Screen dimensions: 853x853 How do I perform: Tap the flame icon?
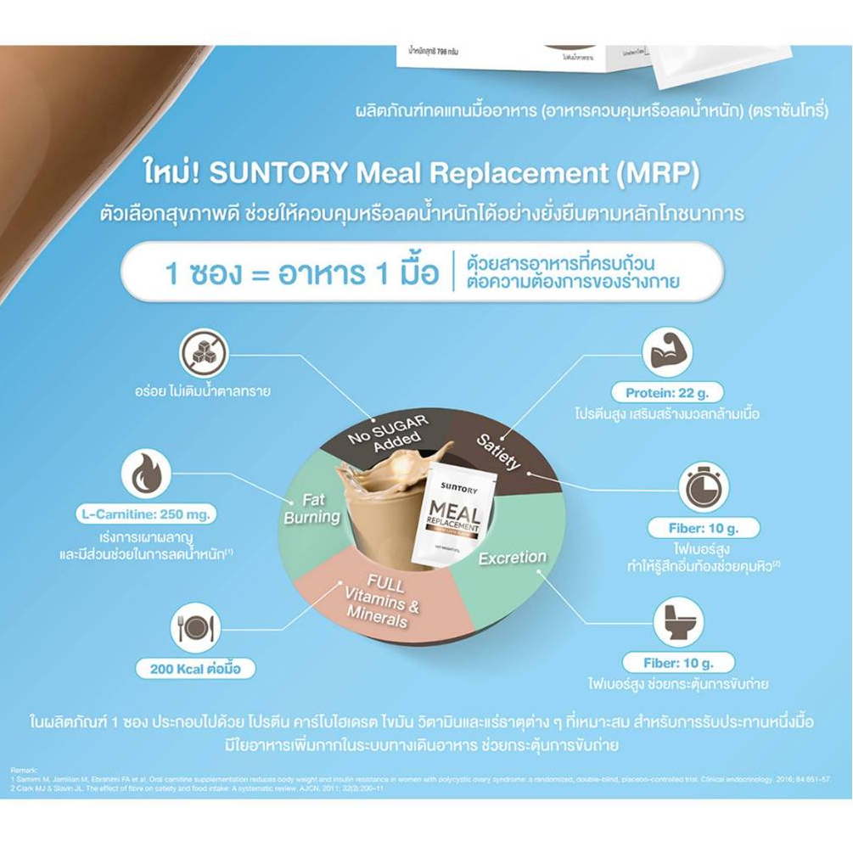pyautogui.click(x=146, y=473)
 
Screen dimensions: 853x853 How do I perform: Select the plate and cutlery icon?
pyautogui.click(x=195, y=627)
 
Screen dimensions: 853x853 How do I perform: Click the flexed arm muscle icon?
pyautogui.click(x=667, y=353)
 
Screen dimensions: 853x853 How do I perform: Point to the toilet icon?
pyautogui.click(x=678, y=621)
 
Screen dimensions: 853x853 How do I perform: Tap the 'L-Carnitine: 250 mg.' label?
pyautogui.click(x=145, y=514)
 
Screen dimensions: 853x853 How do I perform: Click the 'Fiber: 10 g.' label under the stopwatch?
pyautogui.click(x=704, y=528)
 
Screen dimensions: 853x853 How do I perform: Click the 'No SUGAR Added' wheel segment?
pyautogui.click(x=387, y=430)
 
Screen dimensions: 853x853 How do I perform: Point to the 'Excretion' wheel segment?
pyautogui.click(x=513, y=559)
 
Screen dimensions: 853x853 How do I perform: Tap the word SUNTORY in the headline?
pyautogui.click(x=278, y=173)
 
